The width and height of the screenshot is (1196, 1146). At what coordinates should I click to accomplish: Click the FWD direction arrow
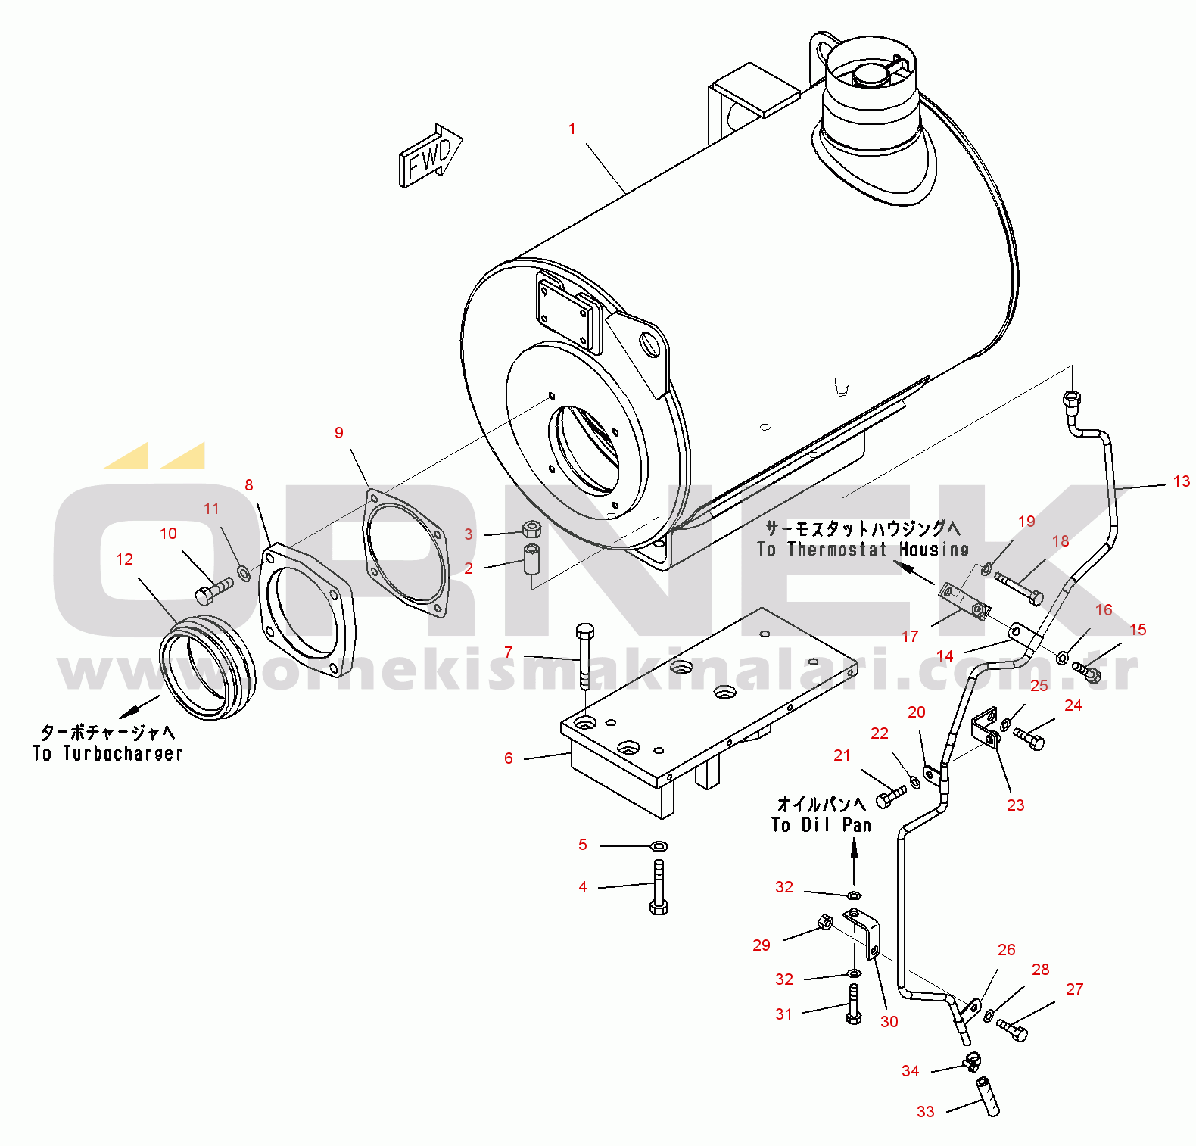tap(429, 156)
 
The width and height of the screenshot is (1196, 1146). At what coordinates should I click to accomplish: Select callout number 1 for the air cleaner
tap(572, 129)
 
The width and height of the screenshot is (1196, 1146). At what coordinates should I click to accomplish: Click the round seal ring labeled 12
tap(206, 666)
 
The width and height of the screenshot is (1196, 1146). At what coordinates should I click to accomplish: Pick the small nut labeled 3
tap(531, 528)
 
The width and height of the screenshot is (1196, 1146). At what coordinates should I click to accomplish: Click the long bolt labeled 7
tap(584, 655)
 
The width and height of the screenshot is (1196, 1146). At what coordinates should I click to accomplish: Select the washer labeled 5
tap(659, 845)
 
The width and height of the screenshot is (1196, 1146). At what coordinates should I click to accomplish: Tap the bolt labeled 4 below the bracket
tap(659, 887)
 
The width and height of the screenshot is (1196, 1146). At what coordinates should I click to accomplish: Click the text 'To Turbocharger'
tap(107, 753)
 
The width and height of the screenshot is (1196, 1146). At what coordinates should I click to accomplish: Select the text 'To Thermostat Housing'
tap(863, 550)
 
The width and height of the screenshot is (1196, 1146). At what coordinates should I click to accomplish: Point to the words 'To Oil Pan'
tap(821, 824)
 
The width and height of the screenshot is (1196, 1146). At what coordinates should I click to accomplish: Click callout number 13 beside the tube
tap(1181, 481)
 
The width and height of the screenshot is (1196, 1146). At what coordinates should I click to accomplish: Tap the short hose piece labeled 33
tap(989, 1097)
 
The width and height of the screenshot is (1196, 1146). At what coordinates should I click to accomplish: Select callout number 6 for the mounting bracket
tap(509, 758)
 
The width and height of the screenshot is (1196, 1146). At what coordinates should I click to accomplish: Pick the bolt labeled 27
tap(1012, 1029)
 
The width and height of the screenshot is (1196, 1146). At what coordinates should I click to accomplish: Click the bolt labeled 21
tap(890, 796)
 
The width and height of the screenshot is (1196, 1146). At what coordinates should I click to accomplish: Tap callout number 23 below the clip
tap(1015, 805)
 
